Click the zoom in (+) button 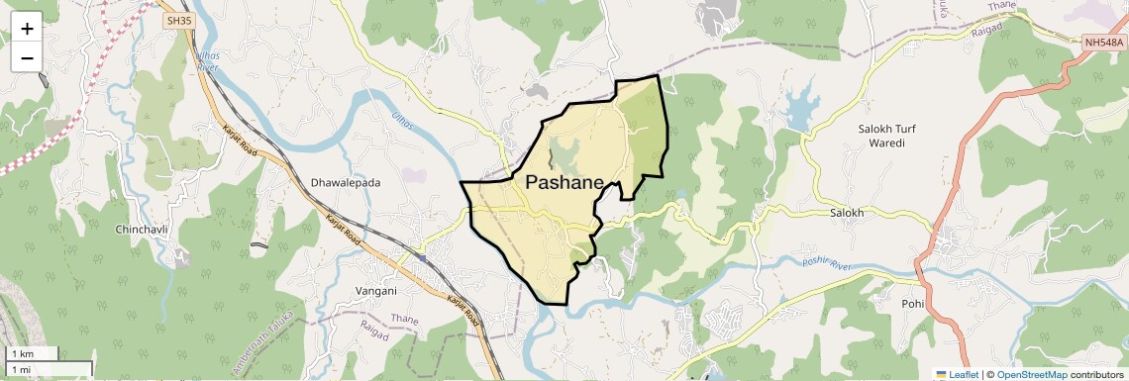[27, 29]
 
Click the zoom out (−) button [27, 57]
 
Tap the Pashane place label [578, 182]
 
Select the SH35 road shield [178, 20]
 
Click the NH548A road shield [1104, 42]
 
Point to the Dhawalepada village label [346, 183]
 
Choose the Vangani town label [375, 291]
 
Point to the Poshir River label [827, 264]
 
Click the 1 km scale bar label [22, 353]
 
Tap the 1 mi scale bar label [21, 369]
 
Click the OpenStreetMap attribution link [1031, 374]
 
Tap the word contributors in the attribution [1096, 374]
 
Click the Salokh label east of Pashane [847, 213]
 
